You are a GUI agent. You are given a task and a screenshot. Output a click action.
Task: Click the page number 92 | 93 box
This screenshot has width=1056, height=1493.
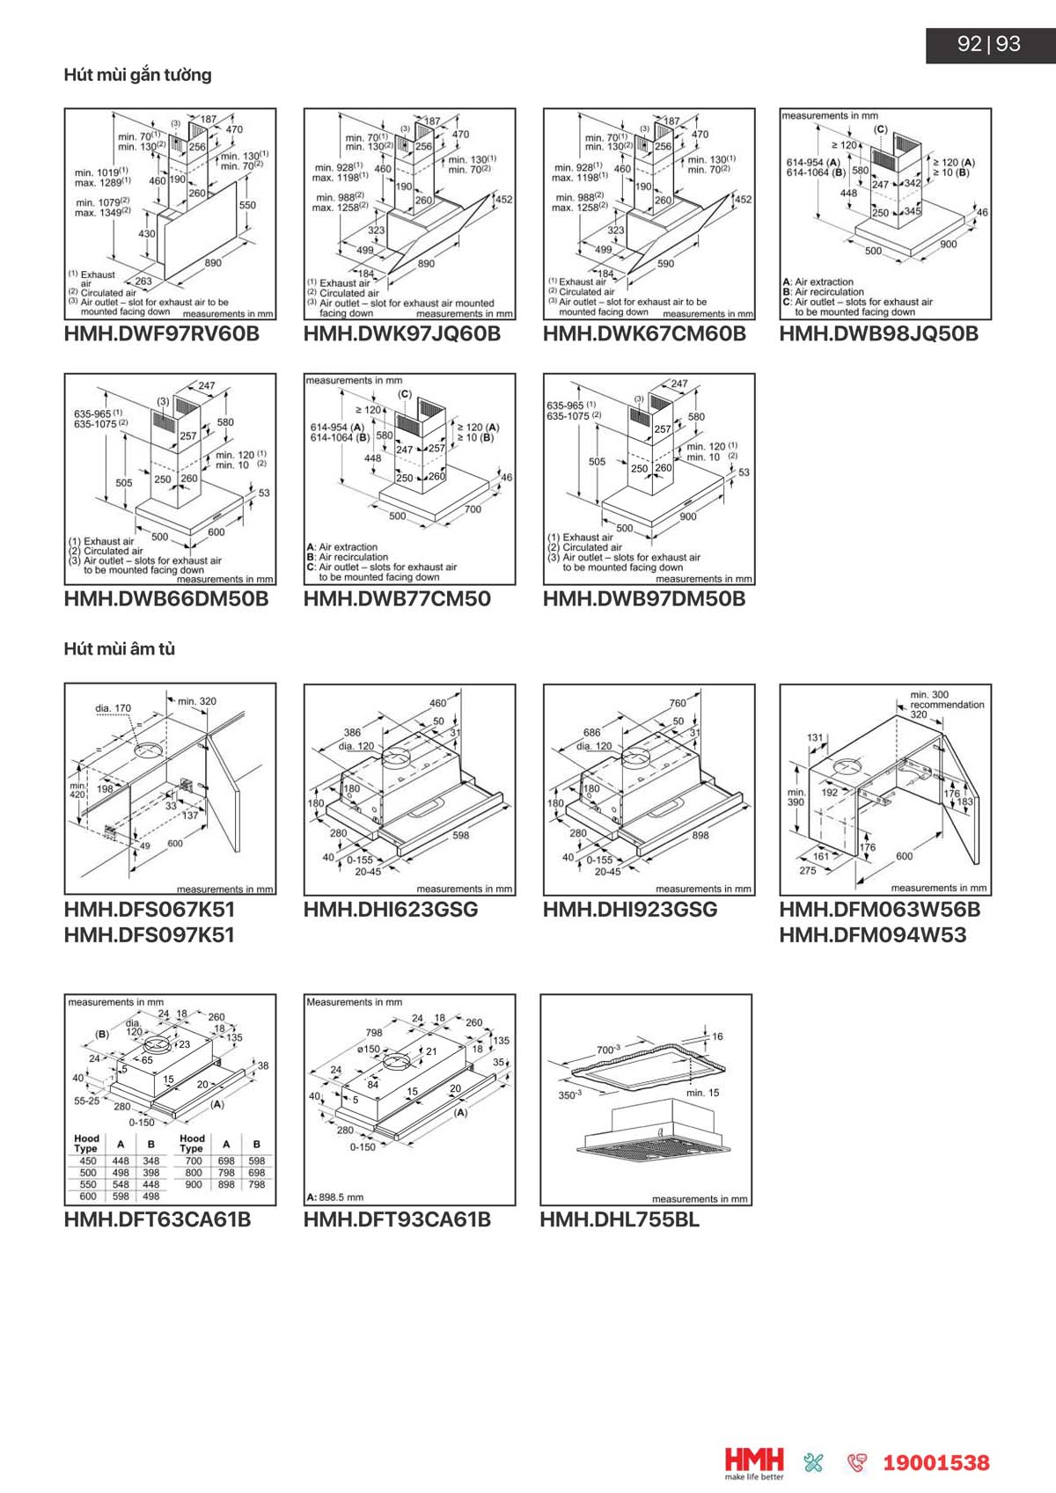click(989, 44)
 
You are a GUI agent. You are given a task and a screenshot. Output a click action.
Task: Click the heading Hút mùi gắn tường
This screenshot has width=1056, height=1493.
click(137, 75)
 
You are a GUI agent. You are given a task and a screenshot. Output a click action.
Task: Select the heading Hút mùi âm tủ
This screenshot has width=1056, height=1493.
click(119, 649)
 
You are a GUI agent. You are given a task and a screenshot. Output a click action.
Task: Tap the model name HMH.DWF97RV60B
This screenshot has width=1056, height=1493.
click(161, 334)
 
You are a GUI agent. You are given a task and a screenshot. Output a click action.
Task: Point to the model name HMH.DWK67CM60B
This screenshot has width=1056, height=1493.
click(643, 334)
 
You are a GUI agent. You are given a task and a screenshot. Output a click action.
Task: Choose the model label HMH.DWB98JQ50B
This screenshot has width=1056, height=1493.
click(878, 334)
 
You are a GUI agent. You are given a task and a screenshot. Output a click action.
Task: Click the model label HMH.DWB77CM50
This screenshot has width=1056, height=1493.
click(397, 599)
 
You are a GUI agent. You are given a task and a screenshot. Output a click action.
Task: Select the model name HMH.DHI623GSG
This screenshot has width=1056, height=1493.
click(391, 910)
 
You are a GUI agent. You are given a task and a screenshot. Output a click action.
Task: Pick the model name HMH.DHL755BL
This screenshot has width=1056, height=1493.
click(620, 1220)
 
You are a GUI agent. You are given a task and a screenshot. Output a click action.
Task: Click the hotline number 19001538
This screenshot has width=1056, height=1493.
click(935, 1463)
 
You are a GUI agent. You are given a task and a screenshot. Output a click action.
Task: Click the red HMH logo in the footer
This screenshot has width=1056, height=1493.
click(753, 1461)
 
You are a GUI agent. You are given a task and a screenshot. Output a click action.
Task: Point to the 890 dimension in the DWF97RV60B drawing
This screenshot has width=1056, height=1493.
click(213, 262)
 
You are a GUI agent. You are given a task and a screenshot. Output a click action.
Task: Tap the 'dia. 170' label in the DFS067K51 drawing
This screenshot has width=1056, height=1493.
click(113, 707)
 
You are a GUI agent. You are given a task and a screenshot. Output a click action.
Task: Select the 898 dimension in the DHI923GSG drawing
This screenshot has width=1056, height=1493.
click(700, 835)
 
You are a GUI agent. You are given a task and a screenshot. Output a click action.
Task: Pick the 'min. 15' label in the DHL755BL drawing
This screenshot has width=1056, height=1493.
click(702, 1093)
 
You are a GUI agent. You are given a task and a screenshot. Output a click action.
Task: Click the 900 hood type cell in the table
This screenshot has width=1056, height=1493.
click(193, 1184)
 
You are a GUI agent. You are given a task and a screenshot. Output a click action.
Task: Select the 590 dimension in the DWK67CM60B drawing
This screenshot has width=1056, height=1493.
click(665, 263)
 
